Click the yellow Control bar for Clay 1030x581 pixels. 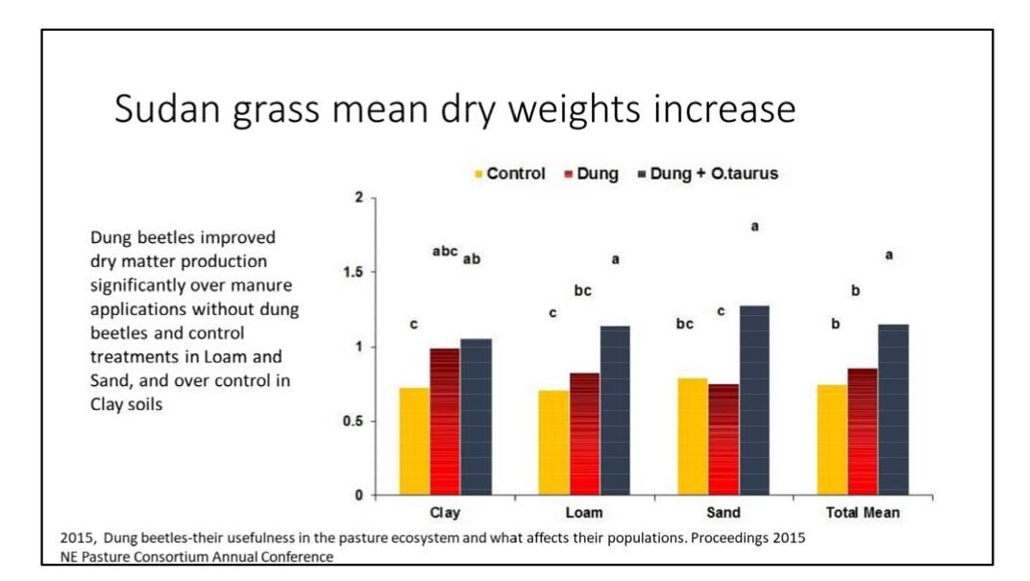(x=414, y=441)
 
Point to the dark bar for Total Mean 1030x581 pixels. (x=894, y=409)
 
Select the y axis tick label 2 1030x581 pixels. (x=358, y=198)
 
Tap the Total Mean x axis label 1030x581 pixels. (x=863, y=513)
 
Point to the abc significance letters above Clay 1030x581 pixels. (x=445, y=253)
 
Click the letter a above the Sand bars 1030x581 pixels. (x=754, y=227)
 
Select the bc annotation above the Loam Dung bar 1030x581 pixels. (x=582, y=291)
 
